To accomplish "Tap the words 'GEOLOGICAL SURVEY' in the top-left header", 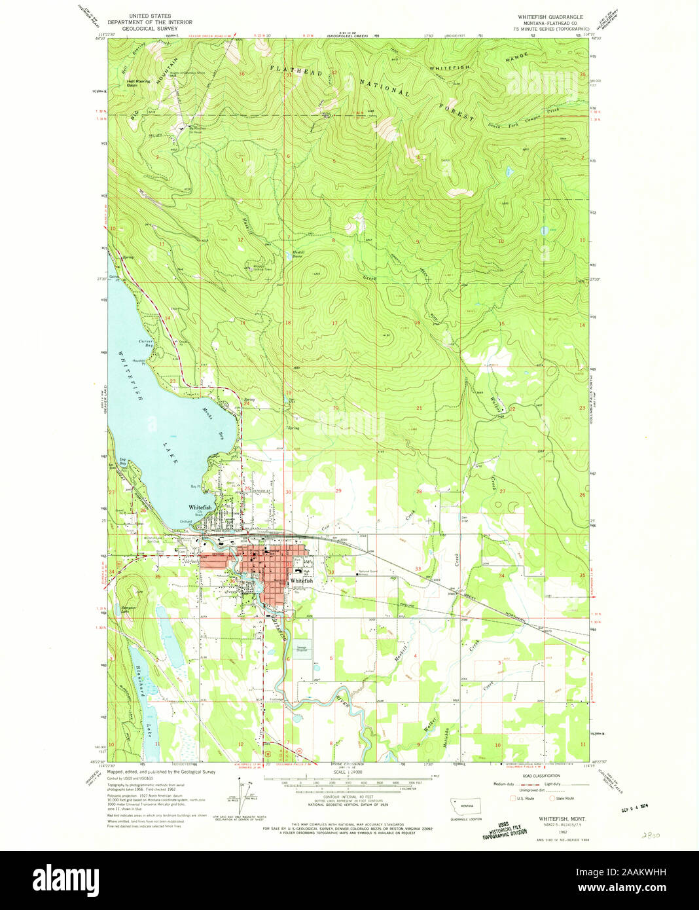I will [150, 29].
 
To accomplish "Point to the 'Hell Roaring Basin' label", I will [138, 83].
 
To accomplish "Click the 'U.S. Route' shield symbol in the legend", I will [513, 798].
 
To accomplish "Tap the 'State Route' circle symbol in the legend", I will [550, 798].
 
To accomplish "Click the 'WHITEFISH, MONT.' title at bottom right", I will [562, 818].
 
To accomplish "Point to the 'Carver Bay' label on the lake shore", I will [145, 343].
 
